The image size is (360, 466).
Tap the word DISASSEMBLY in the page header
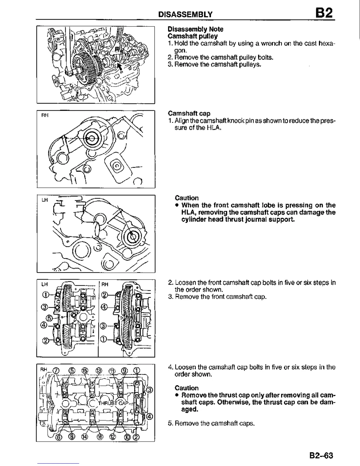click(185, 14)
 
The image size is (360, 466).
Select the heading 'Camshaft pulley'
click(192, 36)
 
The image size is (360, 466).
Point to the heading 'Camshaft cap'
click(189, 113)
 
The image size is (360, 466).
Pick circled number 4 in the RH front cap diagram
click(104, 307)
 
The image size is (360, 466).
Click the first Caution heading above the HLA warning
click(186, 198)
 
